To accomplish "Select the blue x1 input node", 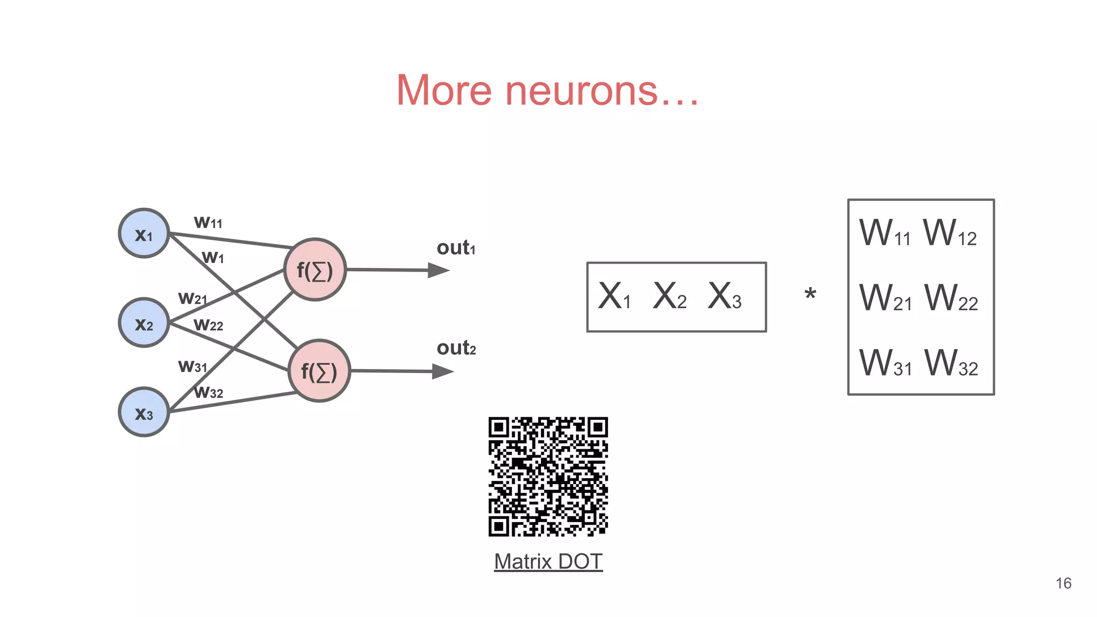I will tap(144, 234).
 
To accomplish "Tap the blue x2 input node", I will tap(144, 323).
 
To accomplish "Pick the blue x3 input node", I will tap(144, 412).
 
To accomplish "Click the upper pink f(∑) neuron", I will tap(315, 270).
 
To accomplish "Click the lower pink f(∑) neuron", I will tap(319, 371).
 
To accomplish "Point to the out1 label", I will tap(456, 248).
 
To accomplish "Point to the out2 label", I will tap(456, 348).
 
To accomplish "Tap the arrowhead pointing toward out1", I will tap(438, 270).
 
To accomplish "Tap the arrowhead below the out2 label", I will tap(442, 371).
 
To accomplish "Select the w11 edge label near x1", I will tap(208, 222).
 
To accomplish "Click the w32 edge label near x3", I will tap(208, 392).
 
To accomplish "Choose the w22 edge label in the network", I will tap(208, 324).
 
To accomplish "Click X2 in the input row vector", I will tap(670, 296).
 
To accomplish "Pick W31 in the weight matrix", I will tap(885, 363).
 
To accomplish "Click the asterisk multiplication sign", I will tap(810, 294).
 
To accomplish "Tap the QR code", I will tap(548, 477).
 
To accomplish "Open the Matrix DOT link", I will tap(548, 561).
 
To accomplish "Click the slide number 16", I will tap(1063, 583).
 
